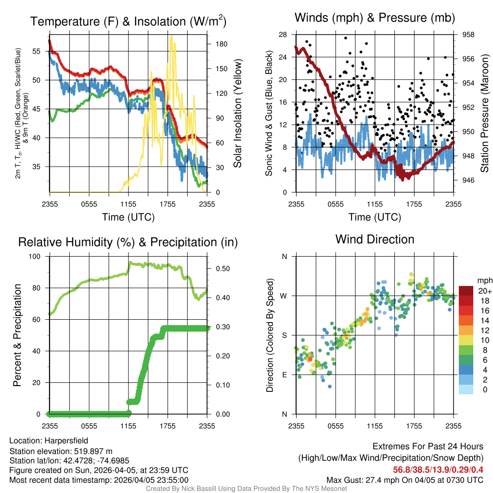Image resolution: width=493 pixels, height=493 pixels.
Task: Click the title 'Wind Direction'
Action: click(x=375, y=239)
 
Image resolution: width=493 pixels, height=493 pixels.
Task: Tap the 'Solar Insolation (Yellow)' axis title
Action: click(x=237, y=114)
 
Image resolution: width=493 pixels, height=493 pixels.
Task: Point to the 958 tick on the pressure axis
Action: click(x=468, y=35)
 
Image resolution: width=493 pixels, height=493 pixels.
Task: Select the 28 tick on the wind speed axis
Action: click(x=283, y=35)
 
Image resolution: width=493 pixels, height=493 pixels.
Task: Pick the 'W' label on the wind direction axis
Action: click(x=284, y=296)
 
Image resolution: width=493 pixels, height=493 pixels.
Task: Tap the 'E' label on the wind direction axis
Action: click(x=285, y=375)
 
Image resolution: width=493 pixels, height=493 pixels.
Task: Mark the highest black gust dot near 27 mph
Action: click(x=345, y=38)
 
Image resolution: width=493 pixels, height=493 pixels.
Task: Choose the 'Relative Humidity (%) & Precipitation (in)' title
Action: click(x=128, y=242)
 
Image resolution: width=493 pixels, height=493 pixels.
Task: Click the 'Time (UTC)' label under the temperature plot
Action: click(x=128, y=217)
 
